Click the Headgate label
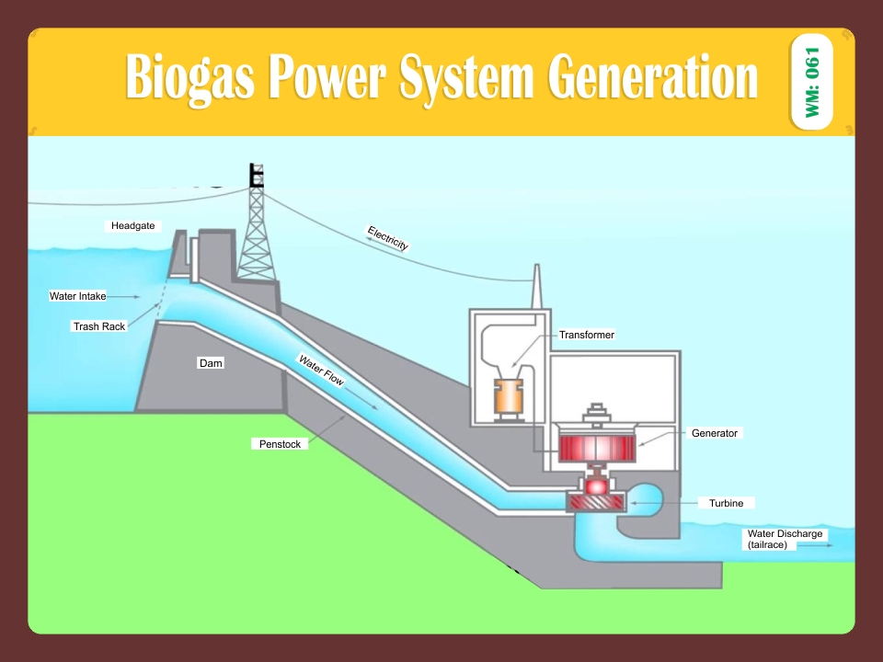click(x=132, y=225)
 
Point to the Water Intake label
click(x=77, y=296)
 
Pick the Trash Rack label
click(x=98, y=326)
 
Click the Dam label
click(x=211, y=363)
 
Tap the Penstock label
click(x=280, y=444)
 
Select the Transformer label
click(x=586, y=335)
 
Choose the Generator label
click(x=714, y=433)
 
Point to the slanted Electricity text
click(x=387, y=237)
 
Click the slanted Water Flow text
click(x=320, y=371)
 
